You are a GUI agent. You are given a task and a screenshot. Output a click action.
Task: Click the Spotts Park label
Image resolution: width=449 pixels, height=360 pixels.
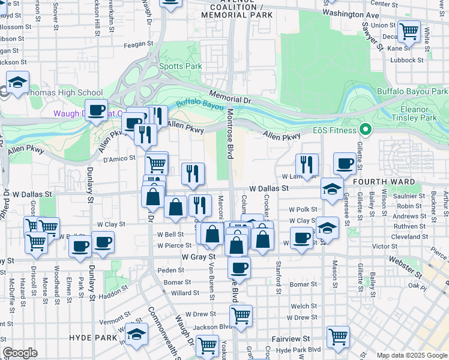(172, 66)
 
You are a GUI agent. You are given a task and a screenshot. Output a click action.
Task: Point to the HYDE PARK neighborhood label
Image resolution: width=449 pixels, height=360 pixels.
(92, 338)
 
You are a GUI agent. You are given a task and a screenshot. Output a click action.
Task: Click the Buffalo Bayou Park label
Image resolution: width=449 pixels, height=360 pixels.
(412, 91)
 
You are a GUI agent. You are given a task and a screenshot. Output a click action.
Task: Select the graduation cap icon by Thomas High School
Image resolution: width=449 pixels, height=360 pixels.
(18, 83)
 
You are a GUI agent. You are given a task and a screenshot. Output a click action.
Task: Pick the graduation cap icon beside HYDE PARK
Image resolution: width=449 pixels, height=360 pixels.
(137, 334)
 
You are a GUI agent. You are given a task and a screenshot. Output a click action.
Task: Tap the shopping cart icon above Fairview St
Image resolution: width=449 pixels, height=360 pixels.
(338, 336)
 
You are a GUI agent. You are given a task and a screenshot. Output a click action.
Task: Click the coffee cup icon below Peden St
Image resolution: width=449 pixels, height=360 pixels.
(239, 268)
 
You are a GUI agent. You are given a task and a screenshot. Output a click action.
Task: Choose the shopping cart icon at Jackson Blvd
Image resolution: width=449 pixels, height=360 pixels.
(241, 314)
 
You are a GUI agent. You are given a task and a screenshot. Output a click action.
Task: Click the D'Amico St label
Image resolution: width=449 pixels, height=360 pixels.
(117, 159)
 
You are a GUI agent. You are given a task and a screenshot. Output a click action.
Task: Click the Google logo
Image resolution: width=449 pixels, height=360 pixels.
(20, 353)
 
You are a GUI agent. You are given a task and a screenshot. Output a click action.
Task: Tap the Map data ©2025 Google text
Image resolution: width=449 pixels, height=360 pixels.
(411, 355)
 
